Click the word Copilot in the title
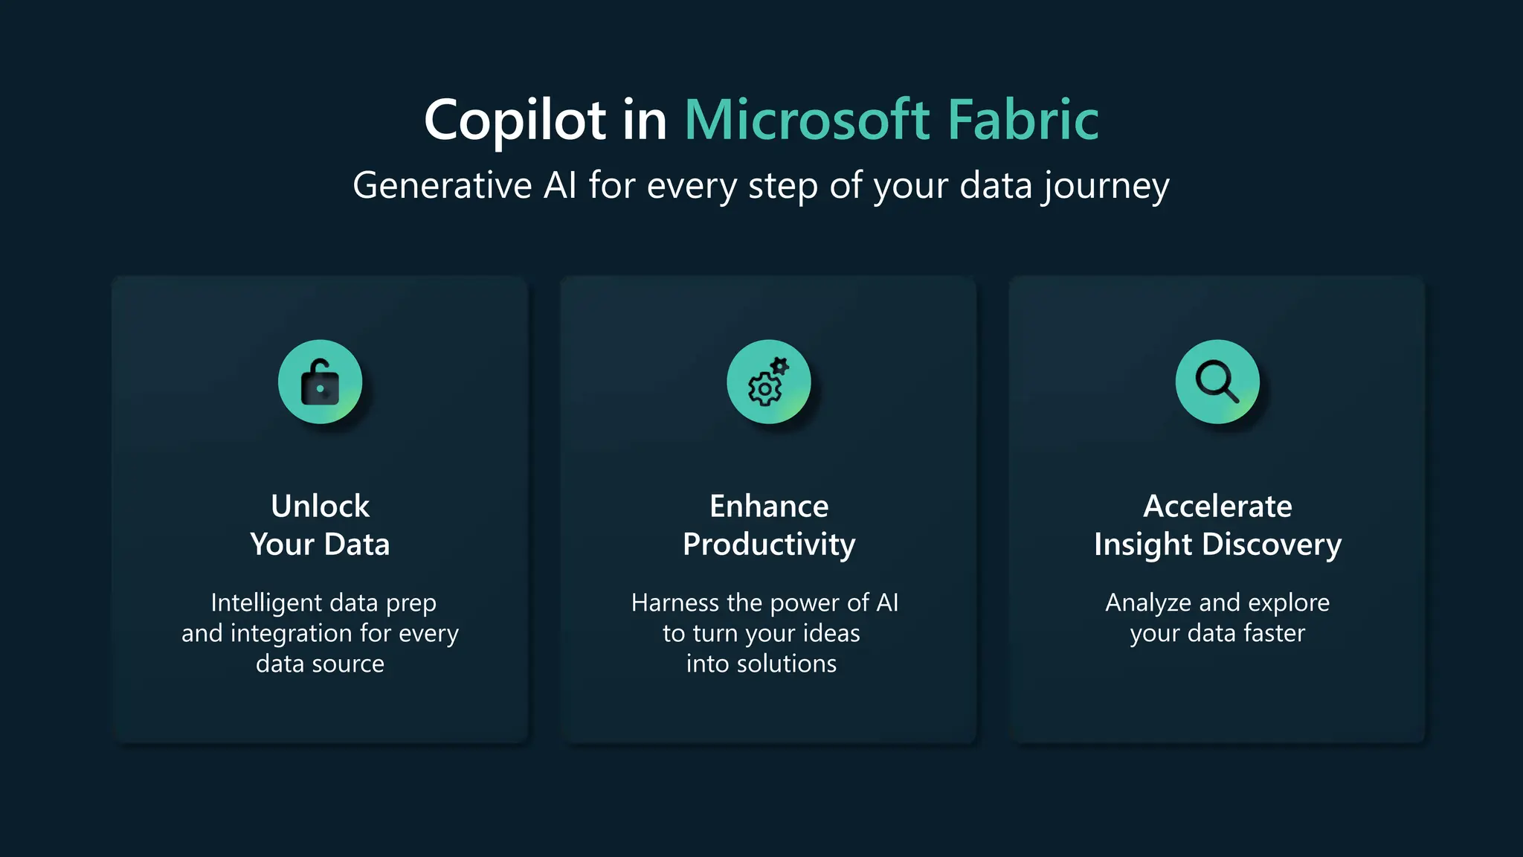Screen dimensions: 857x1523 (x=515, y=120)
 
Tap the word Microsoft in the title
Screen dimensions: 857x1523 (x=807, y=120)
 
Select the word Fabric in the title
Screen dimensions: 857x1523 (x=1023, y=120)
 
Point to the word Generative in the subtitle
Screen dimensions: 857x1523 (x=442, y=185)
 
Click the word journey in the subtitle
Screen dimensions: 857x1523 (x=1105, y=187)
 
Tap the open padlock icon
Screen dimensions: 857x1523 (x=320, y=382)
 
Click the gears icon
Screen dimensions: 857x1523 (x=768, y=382)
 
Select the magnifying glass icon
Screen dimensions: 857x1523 (x=1217, y=382)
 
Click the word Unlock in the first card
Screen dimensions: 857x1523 (x=320, y=506)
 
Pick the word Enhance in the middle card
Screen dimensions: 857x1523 (x=768, y=506)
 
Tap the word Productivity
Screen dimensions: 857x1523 (x=768, y=545)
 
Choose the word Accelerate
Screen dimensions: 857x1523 (x=1217, y=506)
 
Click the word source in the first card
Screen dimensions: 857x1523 (x=348, y=664)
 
